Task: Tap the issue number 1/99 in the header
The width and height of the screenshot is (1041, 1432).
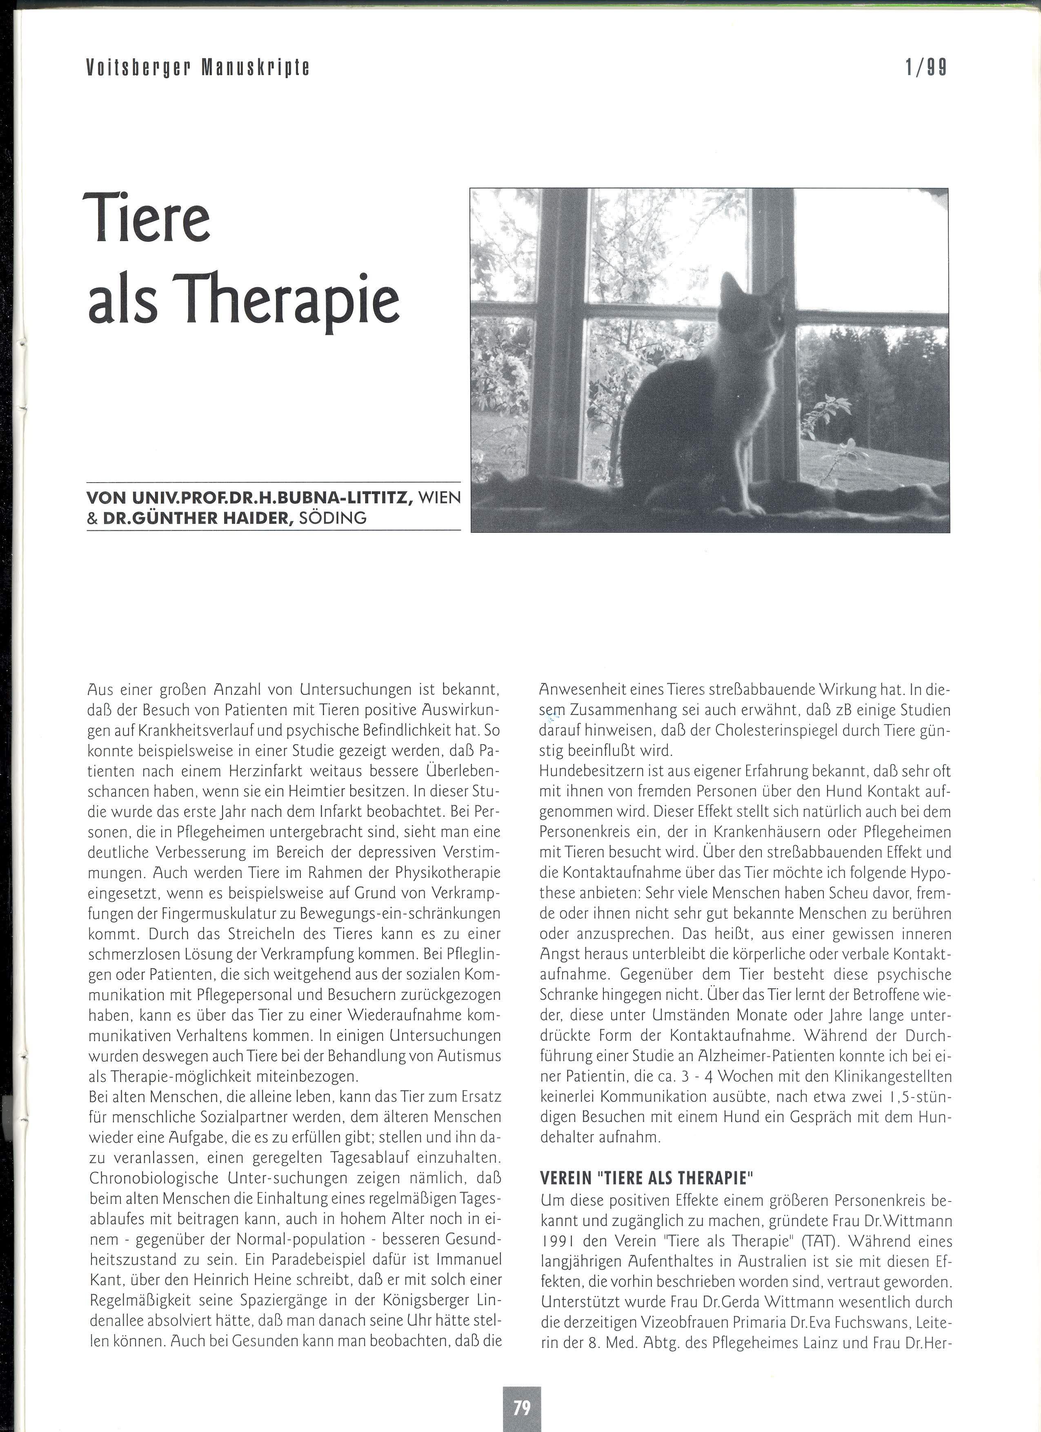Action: pos(926,67)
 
